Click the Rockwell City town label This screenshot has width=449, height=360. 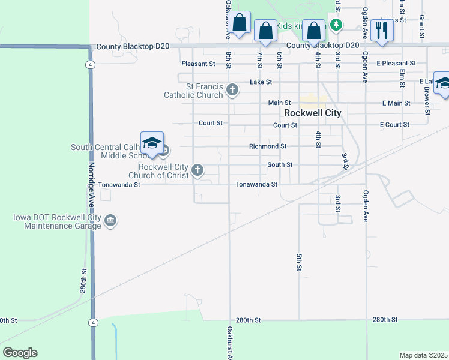312,113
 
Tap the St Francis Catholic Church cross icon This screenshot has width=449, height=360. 232,91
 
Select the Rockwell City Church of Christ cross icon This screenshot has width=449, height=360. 197,171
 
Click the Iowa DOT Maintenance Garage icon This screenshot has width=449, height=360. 110,221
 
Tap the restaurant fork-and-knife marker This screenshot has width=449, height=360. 382,29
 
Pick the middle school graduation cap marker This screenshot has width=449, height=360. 152,143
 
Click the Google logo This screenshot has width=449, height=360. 20,353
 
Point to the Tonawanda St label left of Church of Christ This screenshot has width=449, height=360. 119,185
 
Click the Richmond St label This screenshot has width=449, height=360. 268,146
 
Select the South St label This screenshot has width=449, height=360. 280,164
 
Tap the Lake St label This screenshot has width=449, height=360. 261,82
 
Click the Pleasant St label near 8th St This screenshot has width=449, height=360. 199,64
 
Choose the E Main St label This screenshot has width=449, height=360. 396,103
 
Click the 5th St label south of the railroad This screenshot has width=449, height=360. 298,262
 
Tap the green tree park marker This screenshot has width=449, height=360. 337,25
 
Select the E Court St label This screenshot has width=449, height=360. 394,125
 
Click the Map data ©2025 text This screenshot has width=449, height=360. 424,355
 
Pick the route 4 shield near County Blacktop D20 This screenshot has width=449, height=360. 89,64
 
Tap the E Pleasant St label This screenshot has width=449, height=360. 396,63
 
